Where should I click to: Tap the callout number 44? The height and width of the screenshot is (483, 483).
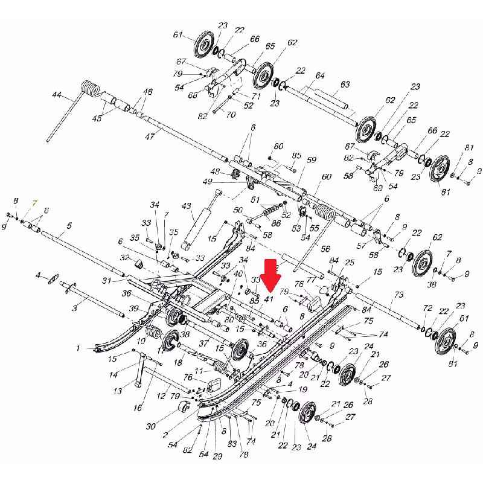click(x=57, y=95)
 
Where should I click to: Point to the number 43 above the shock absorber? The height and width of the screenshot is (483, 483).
click(x=186, y=206)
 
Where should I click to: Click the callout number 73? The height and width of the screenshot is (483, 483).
click(x=398, y=295)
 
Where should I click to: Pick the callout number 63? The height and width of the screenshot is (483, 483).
click(x=345, y=85)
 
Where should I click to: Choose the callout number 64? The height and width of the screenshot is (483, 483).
click(x=320, y=75)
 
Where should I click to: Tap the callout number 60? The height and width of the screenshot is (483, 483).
click(x=326, y=177)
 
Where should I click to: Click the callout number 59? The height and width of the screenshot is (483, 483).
click(x=312, y=160)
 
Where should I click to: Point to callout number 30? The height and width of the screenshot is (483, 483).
click(x=150, y=426)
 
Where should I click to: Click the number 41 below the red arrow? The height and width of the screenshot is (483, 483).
click(x=269, y=299)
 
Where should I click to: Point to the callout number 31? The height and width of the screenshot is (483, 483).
click(x=106, y=281)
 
